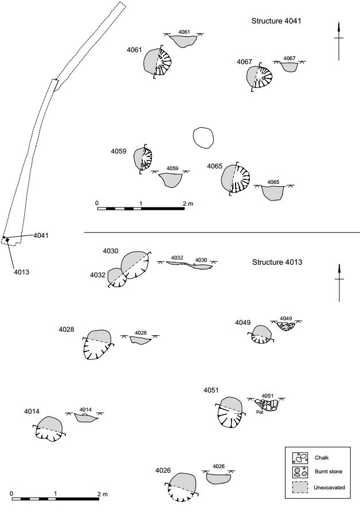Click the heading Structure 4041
coord(276,21)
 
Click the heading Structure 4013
coord(277,262)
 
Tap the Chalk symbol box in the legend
coord(300,458)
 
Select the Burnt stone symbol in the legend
coord(300,473)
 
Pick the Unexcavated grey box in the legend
coord(300,488)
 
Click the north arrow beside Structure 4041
coord(339,40)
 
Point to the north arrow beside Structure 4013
coord(339,282)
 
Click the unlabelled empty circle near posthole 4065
coord(203,138)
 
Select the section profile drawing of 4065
coord(273,191)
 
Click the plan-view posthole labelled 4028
coord(99,344)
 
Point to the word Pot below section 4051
coord(259,412)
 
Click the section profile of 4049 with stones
coord(285,325)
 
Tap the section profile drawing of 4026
coord(218,477)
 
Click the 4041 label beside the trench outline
coord(41,236)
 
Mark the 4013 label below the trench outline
coord(21,272)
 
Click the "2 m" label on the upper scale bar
coord(187,203)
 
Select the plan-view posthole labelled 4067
coord(259,77)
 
